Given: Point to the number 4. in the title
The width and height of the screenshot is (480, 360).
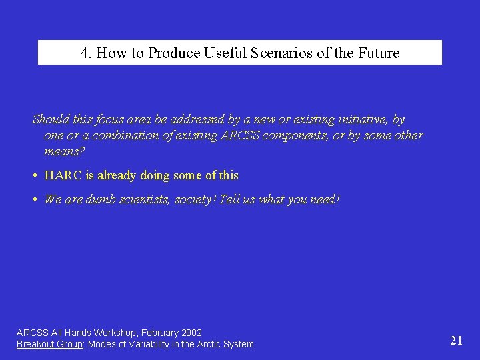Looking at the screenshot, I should coord(87,53).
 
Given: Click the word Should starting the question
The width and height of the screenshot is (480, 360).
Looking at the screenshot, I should coord(50,120).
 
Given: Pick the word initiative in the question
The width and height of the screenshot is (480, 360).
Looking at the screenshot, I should coord(359,120).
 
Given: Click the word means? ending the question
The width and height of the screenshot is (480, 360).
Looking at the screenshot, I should coord(65,151).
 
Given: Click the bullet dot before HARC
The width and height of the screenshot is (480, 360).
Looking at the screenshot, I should coord(34,176).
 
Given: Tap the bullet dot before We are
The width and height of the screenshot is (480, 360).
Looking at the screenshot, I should coord(34,199).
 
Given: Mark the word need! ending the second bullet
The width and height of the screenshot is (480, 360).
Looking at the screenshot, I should coord(325,199).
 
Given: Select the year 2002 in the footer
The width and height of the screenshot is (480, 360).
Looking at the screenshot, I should coord(191,333).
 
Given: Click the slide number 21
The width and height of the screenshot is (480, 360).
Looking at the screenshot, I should coord(457,341).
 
